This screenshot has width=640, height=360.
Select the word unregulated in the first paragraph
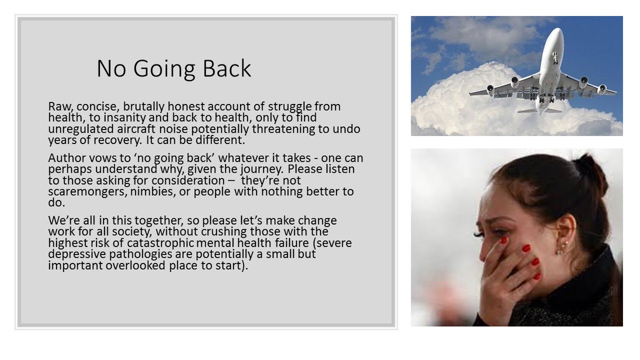78,129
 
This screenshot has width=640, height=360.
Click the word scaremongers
82,192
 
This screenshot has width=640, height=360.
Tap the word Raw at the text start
58,107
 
